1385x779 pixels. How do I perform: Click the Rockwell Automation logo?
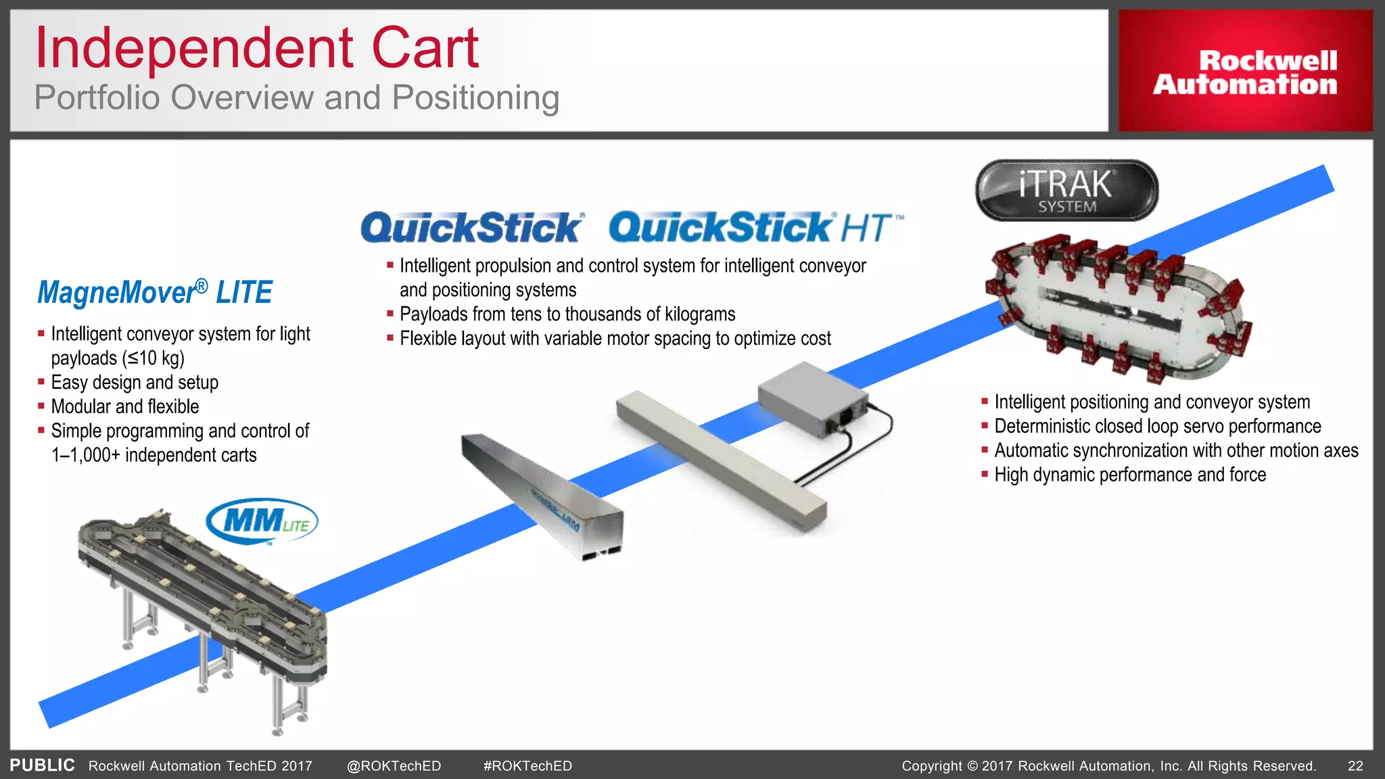coord(1245,72)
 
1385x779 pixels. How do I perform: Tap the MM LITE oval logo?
coord(262,522)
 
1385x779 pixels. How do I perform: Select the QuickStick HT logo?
coord(755,227)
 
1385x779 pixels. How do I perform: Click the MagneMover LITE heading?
coord(154,293)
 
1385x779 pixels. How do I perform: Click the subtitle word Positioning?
coord(475,98)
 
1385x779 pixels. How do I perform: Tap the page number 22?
coord(1355,765)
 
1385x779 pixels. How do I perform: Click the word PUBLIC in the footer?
coord(42,765)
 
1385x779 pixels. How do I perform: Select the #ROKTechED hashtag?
coord(527,765)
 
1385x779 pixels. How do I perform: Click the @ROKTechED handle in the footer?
coord(394,765)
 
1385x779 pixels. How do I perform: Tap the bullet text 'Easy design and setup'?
coord(135,383)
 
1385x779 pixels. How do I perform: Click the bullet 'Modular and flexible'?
coord(125,407)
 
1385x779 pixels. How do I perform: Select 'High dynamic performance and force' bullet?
coord(1129,475)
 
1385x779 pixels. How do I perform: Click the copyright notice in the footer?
coord(1108,765)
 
